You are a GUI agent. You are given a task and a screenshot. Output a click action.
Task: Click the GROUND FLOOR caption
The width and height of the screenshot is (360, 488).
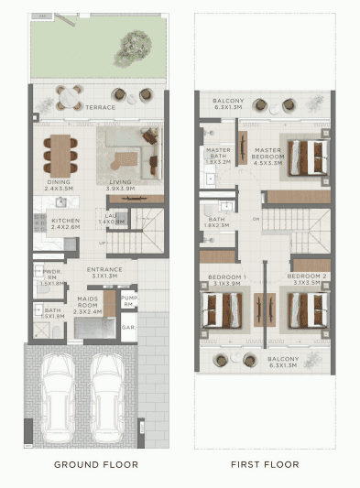[x=96, y=464]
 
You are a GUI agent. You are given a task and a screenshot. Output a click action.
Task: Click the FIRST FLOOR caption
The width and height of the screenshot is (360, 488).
[x=265, y=464]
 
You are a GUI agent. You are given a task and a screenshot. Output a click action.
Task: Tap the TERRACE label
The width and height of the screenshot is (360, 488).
[x=101, y=107]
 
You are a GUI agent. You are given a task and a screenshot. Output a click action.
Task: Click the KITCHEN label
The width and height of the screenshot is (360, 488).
[x=64, y=221]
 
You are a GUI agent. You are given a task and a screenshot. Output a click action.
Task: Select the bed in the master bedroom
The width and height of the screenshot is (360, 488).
[x=308, y=156]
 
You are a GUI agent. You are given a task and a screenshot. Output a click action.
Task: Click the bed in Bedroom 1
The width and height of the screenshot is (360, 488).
[x=222, y=308]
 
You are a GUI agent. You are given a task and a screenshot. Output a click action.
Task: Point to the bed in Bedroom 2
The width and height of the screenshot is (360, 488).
[x=307, y=308]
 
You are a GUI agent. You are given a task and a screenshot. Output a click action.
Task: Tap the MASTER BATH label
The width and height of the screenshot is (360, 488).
[x=218, y=153]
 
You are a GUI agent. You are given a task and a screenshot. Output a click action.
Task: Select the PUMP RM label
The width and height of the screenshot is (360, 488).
[x=130, y=301]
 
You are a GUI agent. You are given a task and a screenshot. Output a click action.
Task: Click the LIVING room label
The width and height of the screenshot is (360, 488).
[x=121, y=182]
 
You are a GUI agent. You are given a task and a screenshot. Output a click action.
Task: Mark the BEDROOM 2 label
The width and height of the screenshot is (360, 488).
[x=307, y=276]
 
